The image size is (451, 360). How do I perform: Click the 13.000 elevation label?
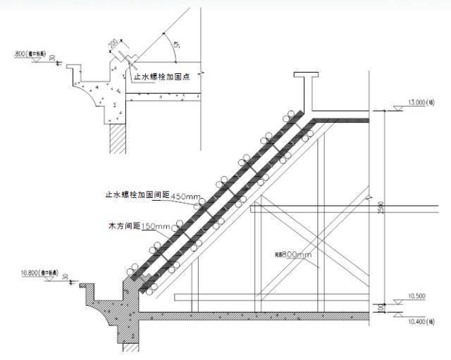point(417,102)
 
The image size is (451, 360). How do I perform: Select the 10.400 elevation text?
point(419,322)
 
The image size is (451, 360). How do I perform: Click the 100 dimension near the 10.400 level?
point(380,308)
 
